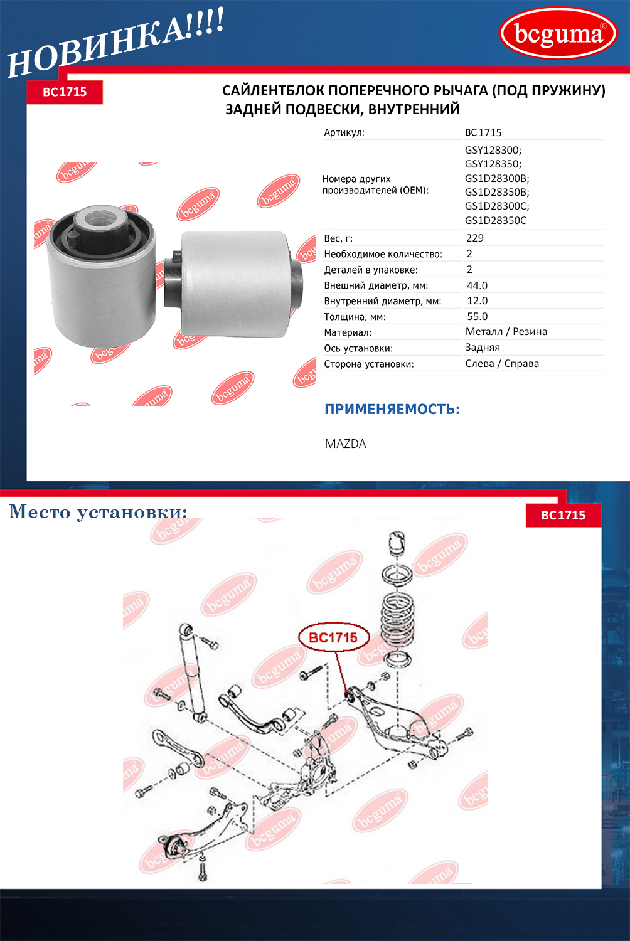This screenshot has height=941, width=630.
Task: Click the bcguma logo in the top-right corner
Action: pos(558,33)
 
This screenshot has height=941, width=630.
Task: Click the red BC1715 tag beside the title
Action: pos(65,92)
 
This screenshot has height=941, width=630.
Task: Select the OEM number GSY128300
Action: pos(493,150)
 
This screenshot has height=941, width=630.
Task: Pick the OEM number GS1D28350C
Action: pos(496,221)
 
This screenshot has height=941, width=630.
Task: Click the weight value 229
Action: pos(475,238)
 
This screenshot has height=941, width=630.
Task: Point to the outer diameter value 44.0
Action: pos(477,285)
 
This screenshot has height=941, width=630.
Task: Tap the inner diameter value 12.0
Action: pos(478,300)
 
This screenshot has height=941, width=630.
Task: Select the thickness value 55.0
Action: pos(478,316)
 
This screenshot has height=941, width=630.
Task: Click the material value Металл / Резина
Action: pos(506,332)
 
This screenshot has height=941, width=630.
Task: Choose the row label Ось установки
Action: pos(358,349)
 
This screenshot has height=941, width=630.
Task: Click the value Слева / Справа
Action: pos(502,364)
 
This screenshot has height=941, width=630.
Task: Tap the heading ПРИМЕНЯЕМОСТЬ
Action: pos(392,410)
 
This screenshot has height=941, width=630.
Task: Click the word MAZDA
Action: pos(346,444)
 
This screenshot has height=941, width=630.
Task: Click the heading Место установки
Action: pos(99,512)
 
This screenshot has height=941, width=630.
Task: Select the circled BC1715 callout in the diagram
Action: pos(334,637)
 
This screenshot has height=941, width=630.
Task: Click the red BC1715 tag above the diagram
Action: pos(563,516)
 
